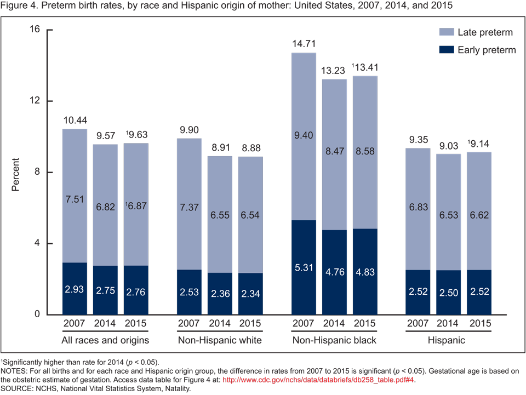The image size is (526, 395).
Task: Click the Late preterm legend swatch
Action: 447,33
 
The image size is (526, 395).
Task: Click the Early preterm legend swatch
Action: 447,50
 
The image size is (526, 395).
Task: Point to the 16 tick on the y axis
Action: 35,30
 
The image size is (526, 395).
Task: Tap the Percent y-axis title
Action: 15,175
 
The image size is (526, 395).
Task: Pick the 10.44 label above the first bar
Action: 75,120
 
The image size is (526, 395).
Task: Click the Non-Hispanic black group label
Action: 334,341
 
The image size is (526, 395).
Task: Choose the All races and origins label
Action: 105,341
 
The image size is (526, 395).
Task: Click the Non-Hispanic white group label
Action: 220,341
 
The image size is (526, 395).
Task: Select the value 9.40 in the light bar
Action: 303,135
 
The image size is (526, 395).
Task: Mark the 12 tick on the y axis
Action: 35,101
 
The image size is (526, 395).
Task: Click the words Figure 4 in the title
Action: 19,7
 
